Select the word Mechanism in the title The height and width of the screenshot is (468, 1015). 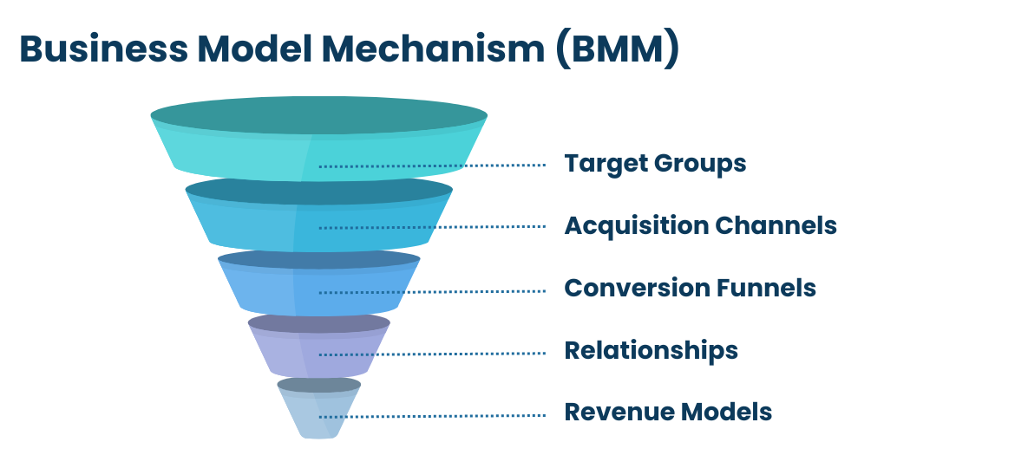pos(433,49)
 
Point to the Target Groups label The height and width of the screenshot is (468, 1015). pos(655,164)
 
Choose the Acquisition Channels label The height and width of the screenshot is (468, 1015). pos(700,225)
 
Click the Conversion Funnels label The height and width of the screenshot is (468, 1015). pos(690,288)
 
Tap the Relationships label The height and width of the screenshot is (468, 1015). pos(652,350)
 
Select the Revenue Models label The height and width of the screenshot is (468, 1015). pos(668,412)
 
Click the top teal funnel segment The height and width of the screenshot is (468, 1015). pos(319,139)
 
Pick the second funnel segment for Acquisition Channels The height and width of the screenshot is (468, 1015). pos(319,215)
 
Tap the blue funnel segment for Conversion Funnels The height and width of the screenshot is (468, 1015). pos(319,283)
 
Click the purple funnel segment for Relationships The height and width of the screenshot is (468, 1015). pos(319,345)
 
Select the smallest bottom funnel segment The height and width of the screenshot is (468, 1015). pos(319,408)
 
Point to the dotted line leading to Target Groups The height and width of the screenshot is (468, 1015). pos(432,166)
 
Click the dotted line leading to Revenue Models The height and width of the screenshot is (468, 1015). pos(432,416)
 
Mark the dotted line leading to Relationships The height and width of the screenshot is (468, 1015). pos(432,354)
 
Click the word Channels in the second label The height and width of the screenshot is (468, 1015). pos(776,225)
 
